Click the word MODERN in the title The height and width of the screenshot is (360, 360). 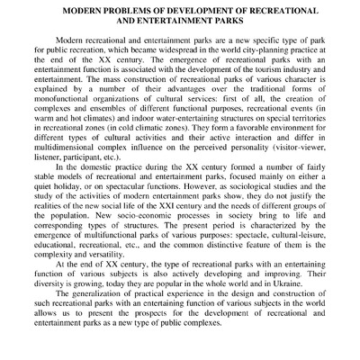click(88, 10)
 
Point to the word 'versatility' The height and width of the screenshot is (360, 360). click(107, 281)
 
